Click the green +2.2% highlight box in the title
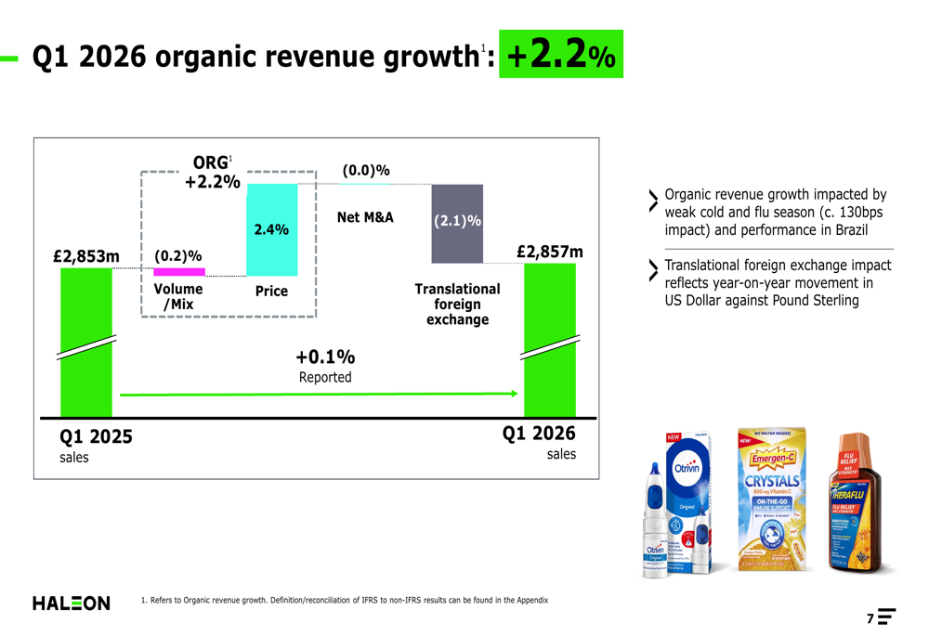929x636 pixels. (x=561, y=55)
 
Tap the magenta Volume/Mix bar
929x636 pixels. (x=179, y=272)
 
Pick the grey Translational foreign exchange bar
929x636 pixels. (x=457, y=224)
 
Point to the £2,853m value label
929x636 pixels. (x=86, y=255)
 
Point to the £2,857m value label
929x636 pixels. (x=550, y=252)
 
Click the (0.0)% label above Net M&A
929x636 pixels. (x=366, y=171)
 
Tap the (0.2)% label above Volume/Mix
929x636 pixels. (x=178, y=255)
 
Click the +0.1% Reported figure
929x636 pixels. (x=325, y=357)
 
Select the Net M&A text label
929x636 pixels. (x=365, y=217)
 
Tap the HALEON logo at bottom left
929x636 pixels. (x=72, y=604)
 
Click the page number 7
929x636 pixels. (x=870, y=618)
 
